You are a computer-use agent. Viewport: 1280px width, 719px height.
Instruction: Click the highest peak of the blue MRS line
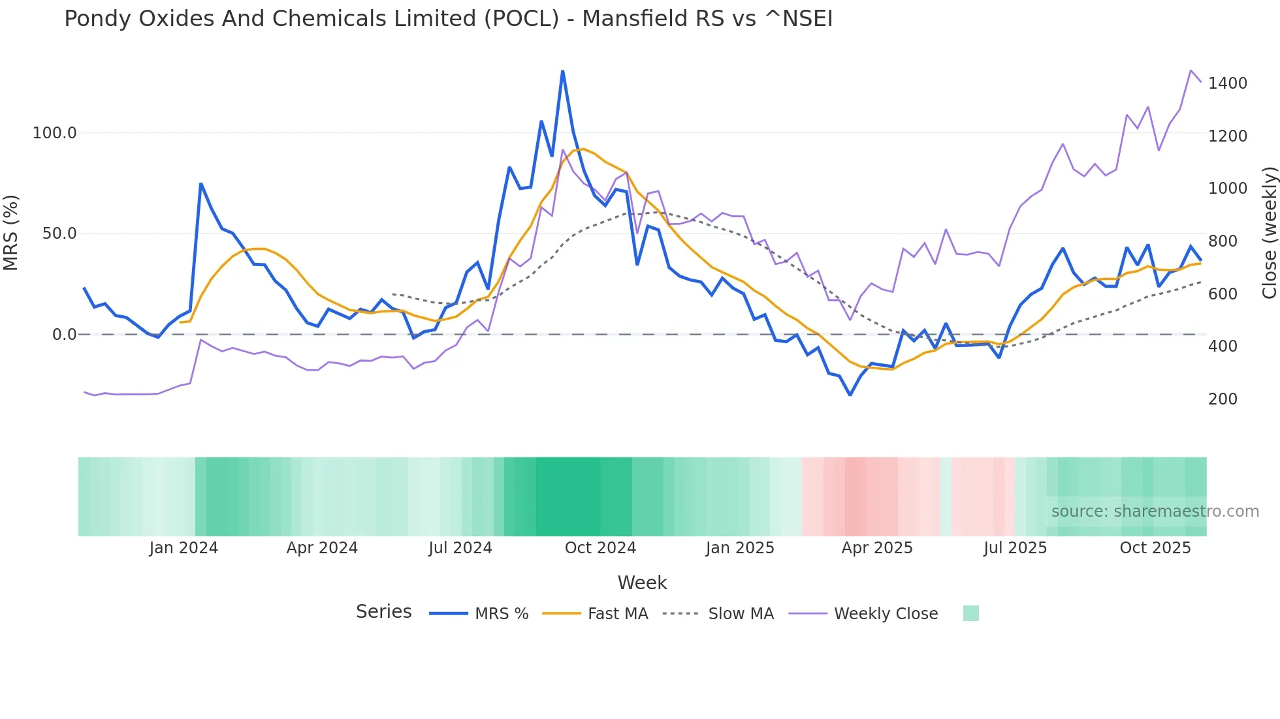point(562,71)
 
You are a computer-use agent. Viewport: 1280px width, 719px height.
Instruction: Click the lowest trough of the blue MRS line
point(850,395)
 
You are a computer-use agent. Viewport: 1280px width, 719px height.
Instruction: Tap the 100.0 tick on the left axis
point(55,133)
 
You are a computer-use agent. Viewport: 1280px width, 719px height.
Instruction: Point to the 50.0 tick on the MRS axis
point(59,234)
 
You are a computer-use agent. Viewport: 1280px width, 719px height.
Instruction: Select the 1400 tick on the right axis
point(1228,84)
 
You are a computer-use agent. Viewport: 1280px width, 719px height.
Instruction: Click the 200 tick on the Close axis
point(1223,399)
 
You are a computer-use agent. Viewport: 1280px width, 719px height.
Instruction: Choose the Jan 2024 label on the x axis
point(184,548)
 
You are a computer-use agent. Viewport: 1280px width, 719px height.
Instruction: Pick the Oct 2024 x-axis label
point(600,548)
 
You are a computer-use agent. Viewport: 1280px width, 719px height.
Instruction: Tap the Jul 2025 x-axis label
point(1015,548)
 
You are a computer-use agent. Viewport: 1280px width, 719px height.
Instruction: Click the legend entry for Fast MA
point(617,614)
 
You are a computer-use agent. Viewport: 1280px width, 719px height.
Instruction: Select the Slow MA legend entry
point(741,614)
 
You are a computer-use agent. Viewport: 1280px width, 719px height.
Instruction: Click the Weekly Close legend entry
point(886,614)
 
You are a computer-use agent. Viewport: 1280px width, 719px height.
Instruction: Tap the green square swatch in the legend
point(970,613)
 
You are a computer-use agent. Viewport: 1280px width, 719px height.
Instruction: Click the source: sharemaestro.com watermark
point(1155,512)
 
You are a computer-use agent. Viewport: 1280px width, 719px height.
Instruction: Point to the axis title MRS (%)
point(11,233)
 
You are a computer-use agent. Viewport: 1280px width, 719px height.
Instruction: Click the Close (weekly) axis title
point(1269,233)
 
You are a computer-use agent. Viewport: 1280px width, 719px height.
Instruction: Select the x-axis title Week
point(642,583)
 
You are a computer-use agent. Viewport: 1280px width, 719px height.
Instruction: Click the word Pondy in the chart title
point(96,19)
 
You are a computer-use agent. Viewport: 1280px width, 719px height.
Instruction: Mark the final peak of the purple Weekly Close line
point(1191,70)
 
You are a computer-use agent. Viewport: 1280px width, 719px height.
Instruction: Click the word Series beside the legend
point(383,612)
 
